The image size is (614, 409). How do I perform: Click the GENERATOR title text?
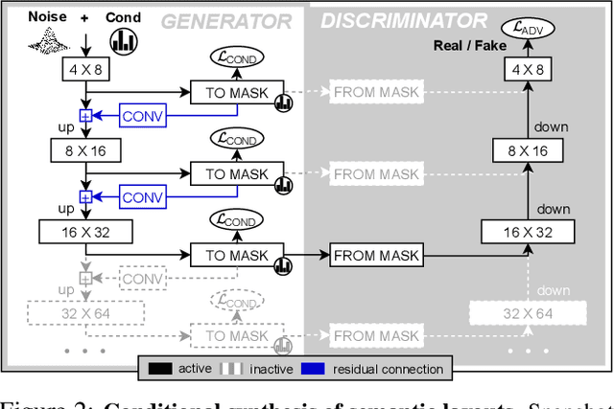[x=226, y=21]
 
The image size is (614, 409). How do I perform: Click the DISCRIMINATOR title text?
[x=403, y=21]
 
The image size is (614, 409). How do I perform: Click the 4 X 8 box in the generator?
[x=86, y=69]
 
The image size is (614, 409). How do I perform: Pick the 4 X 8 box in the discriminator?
[x=527, y=69]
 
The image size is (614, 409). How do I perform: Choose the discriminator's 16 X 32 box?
[x=527, y=231]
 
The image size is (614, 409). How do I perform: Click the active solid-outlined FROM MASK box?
[x=375, y=255]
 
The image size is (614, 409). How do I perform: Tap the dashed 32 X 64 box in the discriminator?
[x=527, y=312]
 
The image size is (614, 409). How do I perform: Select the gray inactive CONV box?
[x=143, y=278]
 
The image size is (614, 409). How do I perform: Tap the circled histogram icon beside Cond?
[x=124, y=40]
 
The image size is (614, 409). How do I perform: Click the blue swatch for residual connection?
[x=323, y=369]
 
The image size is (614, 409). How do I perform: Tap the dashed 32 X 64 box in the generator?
[x=86, y=312]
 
